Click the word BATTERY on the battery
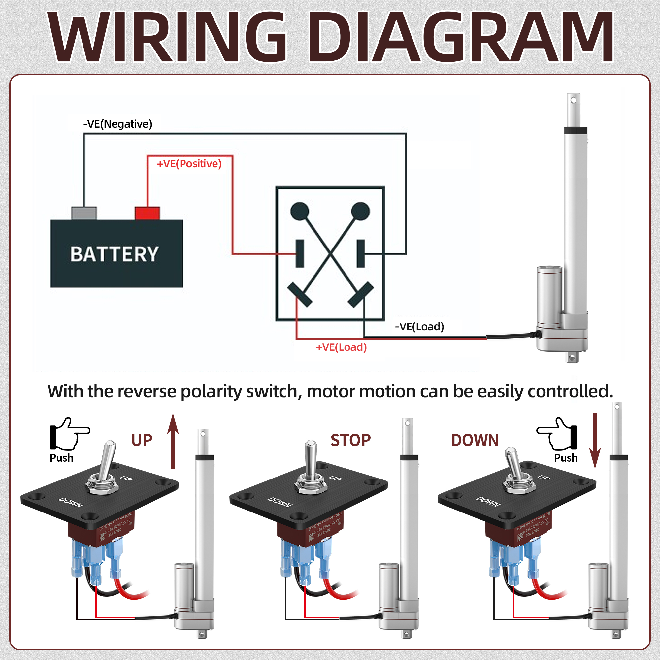point(115,254)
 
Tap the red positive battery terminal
point(147,213)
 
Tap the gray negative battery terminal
point(84,213)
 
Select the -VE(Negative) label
point(117,124)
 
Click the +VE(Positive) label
point(189,164)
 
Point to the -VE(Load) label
point(419,327)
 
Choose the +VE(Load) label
point(341,347)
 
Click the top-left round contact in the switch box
point(300,211)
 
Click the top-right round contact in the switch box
point(360,211)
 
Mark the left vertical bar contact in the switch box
point(300,253)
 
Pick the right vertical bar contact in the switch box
point(361,253)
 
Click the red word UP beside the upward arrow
point(142,440)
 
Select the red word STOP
point(350,440)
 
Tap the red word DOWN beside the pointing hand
point(475,440)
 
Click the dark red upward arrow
point(173,441)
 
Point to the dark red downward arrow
point(595,441)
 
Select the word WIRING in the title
point(167,38)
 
